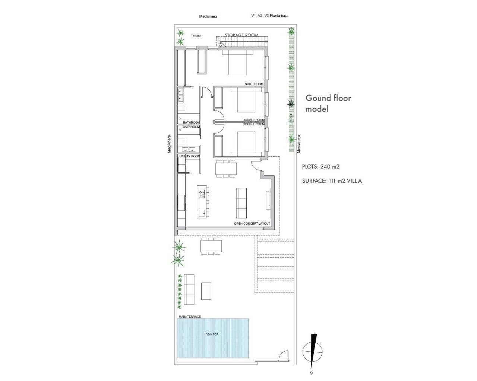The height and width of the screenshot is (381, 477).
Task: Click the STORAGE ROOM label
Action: pos(241,35)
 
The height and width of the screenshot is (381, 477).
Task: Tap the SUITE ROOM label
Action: pos(254,84)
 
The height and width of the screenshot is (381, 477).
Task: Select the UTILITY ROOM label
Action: pos(190,156)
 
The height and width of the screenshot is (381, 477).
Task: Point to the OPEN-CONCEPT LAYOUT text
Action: pos(252,224)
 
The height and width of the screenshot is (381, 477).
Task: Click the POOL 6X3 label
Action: pos(211,334)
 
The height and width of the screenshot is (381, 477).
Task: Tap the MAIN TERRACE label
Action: pos(189,317)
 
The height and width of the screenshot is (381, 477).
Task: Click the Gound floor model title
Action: pos(328,103)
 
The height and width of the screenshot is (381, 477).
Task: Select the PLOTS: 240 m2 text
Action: pos(321,167)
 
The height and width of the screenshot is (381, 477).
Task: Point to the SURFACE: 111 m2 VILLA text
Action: pos(332,181)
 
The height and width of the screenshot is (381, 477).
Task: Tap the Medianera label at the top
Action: pos(208,16)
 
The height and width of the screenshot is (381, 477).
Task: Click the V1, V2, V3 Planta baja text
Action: pos(269,16)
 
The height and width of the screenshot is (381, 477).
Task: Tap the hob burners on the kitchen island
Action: pos(202,193)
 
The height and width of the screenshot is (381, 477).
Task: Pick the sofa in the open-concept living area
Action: pos(241,203)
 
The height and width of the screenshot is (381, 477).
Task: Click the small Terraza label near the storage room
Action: pos(196,36)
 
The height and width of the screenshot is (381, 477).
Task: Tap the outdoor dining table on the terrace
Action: pos(211,246)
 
